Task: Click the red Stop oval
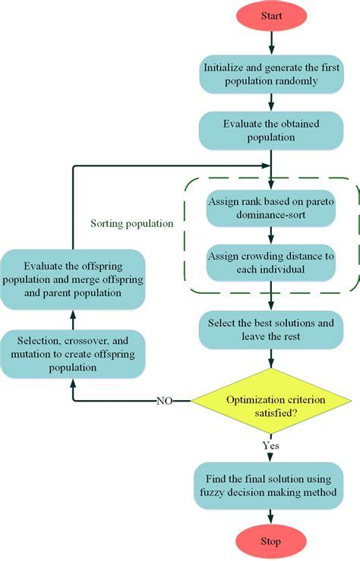click(x=271, y=541)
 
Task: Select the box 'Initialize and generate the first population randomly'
click(x=271, y=74)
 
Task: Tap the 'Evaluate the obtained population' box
click(x=271, y=131)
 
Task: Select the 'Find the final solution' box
click(x=271, y=485)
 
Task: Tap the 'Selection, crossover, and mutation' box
click(x=73, y=355)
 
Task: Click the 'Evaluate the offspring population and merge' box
click(x=73, y=279)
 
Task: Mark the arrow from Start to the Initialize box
click(x=271, y=45)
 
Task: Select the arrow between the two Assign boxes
click(x=271, y=236)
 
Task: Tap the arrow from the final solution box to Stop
click(x=271, y=515)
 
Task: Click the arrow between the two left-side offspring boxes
click(x=73, y=318)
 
